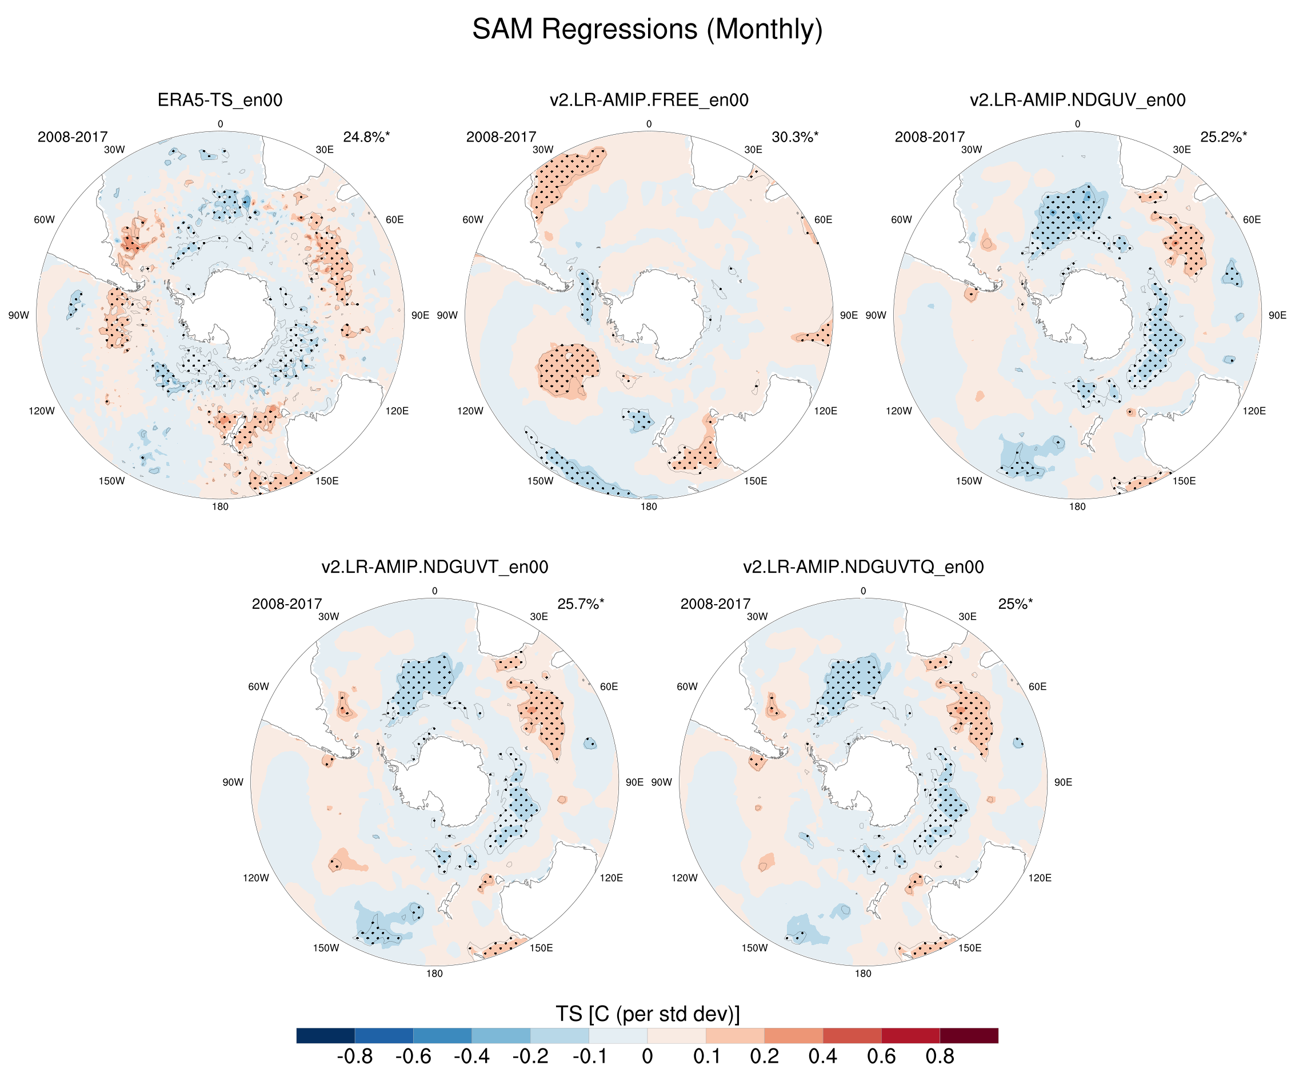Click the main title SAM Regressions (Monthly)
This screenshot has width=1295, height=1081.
coord(647,30)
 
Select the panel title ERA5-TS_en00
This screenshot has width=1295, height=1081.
coord(220,100)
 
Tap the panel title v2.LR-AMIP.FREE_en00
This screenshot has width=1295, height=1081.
coord(649,100)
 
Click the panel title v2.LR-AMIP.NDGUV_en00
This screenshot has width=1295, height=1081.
coord(1077,100)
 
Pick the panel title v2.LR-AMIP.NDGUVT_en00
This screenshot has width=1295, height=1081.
coord(435,567)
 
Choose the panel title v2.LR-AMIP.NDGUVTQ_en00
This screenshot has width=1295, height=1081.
coord(863,567)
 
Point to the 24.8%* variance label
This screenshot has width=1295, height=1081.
coord(366,137)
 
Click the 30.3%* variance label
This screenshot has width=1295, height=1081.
coord(795,137)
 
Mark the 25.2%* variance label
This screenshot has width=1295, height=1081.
coord(1224,137)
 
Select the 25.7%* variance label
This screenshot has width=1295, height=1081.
coord(580,604)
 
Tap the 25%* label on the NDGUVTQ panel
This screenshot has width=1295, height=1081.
coord(1015,604)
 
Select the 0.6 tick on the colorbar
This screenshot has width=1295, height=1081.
coord(881,1056)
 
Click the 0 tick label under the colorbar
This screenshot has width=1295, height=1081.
coord(647,1056)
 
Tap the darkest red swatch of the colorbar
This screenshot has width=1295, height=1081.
coord(969,1035)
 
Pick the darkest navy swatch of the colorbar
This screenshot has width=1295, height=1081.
coord(326,1035)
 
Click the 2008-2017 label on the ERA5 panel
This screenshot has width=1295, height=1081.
coord(73,137)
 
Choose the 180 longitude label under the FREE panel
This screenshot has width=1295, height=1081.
coord(649,507)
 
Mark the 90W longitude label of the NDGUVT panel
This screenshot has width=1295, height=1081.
coord(233,782)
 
